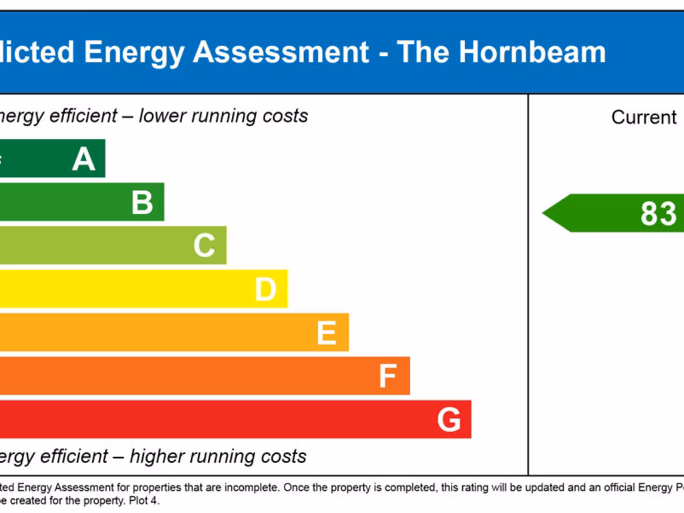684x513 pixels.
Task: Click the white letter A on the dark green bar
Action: click(x=83, y=159)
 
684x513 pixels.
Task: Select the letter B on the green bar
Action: click(x=142, y=202)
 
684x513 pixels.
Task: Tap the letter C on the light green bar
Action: click(x=204, y=246)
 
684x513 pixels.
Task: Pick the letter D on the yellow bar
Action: click(x=265, y=289)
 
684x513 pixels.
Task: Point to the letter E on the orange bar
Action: click(x=326, y=333)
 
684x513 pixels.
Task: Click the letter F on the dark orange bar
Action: click(x=387, y=376)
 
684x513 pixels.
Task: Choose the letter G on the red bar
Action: click(x=449, y=420)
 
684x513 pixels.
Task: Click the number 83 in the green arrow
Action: click(x=658, y=214)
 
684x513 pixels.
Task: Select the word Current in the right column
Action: click(x=644, y=118)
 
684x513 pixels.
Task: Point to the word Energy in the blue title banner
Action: click(x=134, y=52)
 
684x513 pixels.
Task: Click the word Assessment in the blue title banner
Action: click(x=281, y=52)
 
